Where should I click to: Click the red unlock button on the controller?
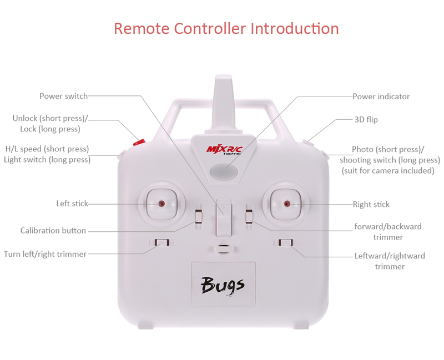(139, 142)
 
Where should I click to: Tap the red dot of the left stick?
(162, 204)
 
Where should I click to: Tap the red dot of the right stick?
(287, 204)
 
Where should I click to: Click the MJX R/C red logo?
(224, 149)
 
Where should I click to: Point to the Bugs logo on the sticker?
(223, 285)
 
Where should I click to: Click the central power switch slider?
(224, 217)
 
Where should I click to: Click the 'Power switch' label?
(64, 96)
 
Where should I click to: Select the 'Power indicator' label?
(381, 97)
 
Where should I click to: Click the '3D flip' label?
(366, 119)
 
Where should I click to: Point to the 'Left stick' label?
(72, 204)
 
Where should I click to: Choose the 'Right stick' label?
(371, 204)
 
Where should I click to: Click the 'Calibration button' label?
(53, 230)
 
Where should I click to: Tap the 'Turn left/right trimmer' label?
(45, 254)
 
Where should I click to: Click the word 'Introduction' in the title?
(295, 29)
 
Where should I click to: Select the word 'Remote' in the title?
(142, 29)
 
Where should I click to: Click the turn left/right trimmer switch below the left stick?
(162, 242)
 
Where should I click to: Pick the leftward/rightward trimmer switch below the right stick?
(286, 242)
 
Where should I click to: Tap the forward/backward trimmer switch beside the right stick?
(249, 217)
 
